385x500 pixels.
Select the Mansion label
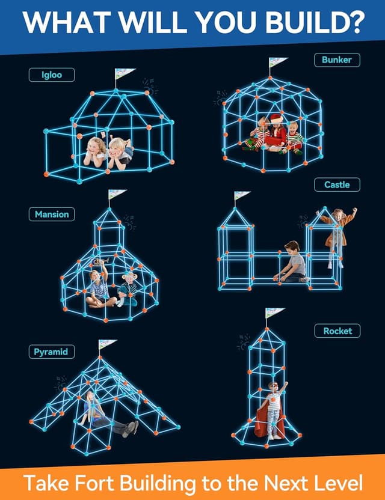pos(52,214)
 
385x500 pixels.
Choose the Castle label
pos(337,184)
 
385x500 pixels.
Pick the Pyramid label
pos(51,352)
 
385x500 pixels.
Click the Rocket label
pos(337,331)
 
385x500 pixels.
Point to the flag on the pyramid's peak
pos(108,344)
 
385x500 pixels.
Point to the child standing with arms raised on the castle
pos(337,231)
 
